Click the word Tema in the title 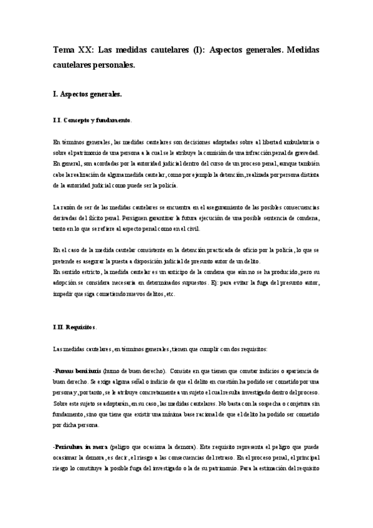(64, 50)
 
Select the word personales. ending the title (115, 64)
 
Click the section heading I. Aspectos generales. (88, 94)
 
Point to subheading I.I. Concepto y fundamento (92, 120)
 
